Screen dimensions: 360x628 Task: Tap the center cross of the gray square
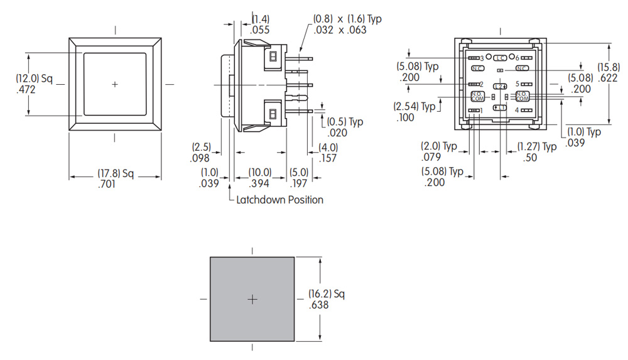(x=252, y=300)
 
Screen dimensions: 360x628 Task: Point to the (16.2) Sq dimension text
(x=327, y=293)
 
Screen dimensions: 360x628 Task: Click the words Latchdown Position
(x=279, y=200)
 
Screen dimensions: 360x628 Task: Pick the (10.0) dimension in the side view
(x=259, y=172)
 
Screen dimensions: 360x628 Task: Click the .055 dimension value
(x=260, y=30)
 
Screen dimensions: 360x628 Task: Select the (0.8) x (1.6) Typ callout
(x=347, y=19)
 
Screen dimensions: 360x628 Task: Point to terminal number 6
(x=517, y=58)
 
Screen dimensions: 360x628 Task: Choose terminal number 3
(x=482, y=58)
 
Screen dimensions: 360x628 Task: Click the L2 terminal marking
(x=500, y=85)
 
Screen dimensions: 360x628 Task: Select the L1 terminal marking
(x=500, y=107)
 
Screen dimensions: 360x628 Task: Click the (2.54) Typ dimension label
(x=414, y=106)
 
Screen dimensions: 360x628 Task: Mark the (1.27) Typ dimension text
(x=536, y=146)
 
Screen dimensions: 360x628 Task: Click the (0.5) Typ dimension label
(x=345, y=122)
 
